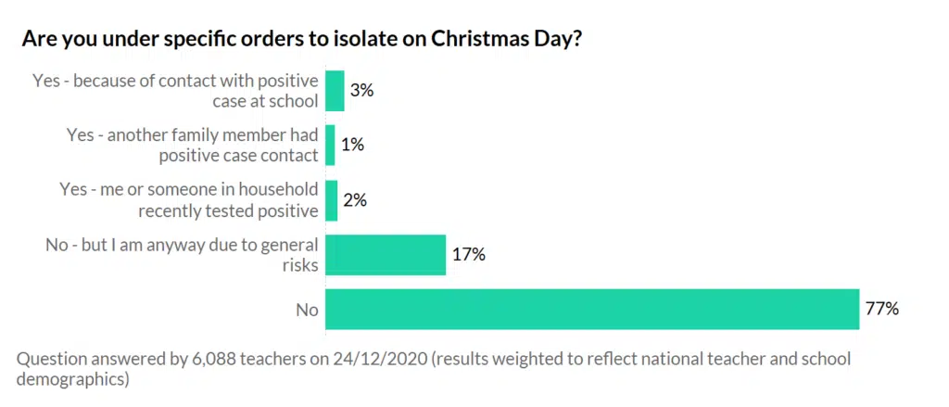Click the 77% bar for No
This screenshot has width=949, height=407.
pyautogui.click(x=592, y=309)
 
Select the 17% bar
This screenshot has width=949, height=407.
pyautogui.click(x=386, y=254)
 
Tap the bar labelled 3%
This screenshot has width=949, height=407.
pyautogui.click(x=335, y=91)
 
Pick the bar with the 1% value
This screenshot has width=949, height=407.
pyautogui.click(x=330, y=146)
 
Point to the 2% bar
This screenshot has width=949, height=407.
pyautogui.click(x=332, y=199)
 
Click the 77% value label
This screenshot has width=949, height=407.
pyautogui.click(x=883, y=309)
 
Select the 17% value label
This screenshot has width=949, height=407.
pyautogui.click(x=470, y=254)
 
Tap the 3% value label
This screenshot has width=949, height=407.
pyautogui.click(x=361, y=91)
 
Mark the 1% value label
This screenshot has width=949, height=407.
pyautogui.click(x=352, y=146)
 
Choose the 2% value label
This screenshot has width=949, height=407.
pyautogui.click(x=355, y=199)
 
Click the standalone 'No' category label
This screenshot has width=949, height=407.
pyautogui.click(x=307, y=310)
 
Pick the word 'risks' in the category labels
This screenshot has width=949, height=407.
pyautogui.click(x=298, y=265)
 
